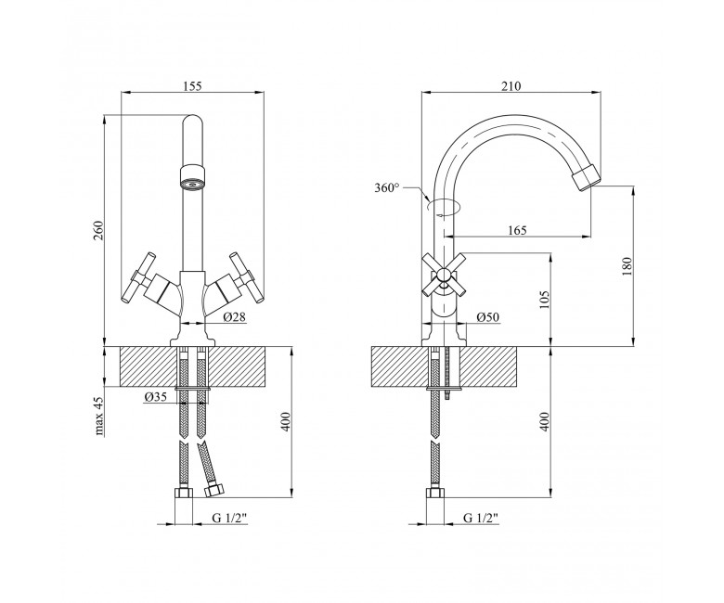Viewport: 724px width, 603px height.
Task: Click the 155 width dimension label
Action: (x=192, y=86)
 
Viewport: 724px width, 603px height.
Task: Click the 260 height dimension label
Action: (x=97, y=230)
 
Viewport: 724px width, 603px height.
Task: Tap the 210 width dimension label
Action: (x=511, y=86)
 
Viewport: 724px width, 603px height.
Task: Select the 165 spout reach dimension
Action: (x=517, y=230)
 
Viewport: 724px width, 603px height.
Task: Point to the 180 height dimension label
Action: (x=627, y=266)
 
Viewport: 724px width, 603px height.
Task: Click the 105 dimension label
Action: (x=545, y=300)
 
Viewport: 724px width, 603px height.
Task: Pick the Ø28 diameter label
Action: (x=235, y=317)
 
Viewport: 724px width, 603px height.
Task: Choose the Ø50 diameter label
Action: (x=488, y=317)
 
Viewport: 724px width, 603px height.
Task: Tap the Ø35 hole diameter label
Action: (x=155, y=397)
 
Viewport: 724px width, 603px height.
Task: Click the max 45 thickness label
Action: (x=99, y=417)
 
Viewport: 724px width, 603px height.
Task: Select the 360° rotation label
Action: (x=387, y=187)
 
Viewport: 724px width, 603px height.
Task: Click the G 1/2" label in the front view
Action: (x=230, y=518)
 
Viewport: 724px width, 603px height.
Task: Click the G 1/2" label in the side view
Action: (x=481, y=518)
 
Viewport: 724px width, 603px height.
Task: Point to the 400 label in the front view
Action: (x=285, y=421)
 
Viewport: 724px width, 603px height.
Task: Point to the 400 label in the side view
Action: (x=545, y=421)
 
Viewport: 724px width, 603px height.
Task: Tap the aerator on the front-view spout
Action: (x=192, y=176)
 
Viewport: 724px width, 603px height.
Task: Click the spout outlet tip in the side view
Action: (x=587, y=179)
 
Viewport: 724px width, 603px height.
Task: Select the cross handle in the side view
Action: (x=444, y=276)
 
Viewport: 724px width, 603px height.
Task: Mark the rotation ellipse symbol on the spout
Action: (x=444, y=206)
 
